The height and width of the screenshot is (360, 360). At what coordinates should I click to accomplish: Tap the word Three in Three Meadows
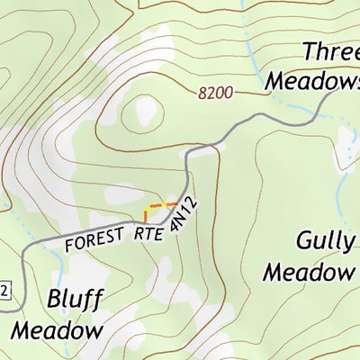pos(330,51)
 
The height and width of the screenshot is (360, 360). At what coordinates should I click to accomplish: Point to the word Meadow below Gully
pos(309,271)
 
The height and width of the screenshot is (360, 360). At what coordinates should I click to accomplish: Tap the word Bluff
pos(75,300)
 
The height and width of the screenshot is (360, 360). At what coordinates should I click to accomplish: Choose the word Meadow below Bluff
pos(57,330)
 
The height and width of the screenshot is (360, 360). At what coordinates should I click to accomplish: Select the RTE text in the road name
pos(149,233)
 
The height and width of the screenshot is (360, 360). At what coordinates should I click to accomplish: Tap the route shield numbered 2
pos(4,289)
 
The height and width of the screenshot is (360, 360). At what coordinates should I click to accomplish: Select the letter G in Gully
pos(304,241)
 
